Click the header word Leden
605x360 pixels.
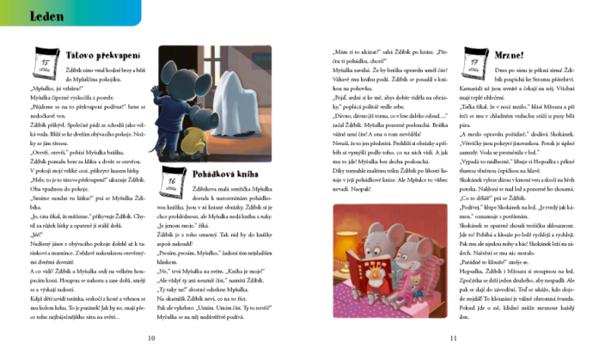pyautogui.click(x=28, y=15)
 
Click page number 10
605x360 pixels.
pyautogui.click(x=151, y=339)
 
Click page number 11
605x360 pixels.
pyautogui.click(x=452, y=339)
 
